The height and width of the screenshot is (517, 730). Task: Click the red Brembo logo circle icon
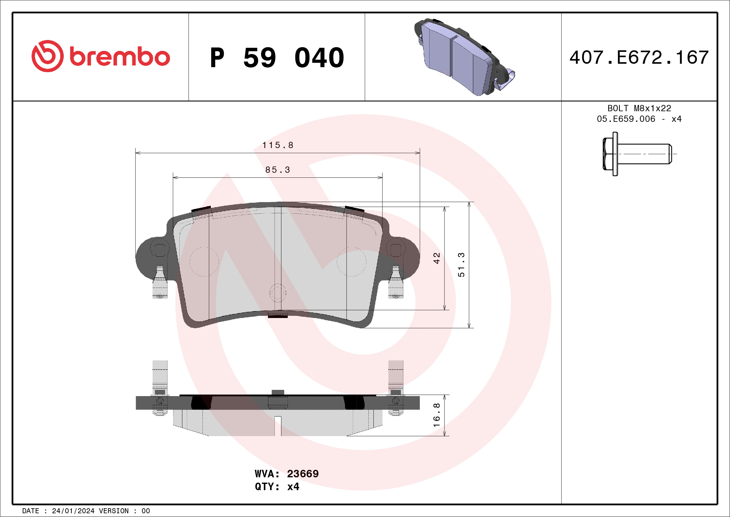click(47, 56)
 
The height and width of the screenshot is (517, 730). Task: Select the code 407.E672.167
click(639, 57)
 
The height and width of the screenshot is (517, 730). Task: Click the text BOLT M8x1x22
click(639, 108)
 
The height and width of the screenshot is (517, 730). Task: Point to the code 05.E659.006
click(626, 119)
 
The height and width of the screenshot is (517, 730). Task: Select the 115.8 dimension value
click(278, 145)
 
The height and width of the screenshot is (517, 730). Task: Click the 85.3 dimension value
click(278, 170)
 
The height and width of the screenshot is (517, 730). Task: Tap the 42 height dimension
click(436, 258)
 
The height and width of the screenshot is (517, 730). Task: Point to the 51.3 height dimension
click(461, 265)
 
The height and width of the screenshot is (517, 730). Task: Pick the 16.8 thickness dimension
click(436, 415)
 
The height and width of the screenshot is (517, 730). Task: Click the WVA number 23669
click(302, 474)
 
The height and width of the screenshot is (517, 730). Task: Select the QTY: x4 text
click(277, 487)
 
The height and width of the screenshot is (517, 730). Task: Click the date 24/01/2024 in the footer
click(73, 511)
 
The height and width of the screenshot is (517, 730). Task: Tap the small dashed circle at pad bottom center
click(278, 293)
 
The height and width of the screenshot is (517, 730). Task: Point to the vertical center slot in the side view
click(278, 426)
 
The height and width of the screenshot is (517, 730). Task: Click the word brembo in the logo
click(119, 57)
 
